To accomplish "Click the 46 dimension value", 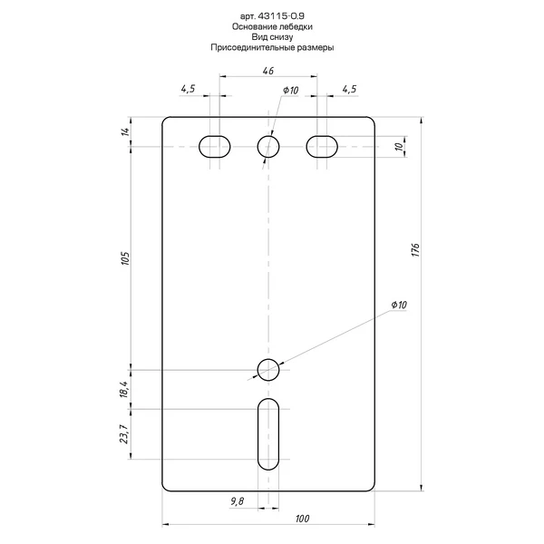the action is tap(268, 71).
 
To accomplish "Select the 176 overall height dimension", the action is tap(415, 250).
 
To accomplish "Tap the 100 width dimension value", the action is tap(302, 519).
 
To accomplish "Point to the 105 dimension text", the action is tap(125, 258).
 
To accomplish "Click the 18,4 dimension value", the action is tap(124, 389).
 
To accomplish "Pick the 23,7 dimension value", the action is tap(124, 434).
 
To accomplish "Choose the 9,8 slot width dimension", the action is tap(237, 501).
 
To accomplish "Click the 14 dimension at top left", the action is tap(125, 131).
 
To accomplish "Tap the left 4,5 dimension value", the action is tap(188, 89).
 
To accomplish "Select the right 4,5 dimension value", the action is tap(349, 89).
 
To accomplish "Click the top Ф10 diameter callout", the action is tap(290, 90).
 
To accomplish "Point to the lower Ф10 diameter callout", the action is tap(399, 305).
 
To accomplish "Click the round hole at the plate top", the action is tap(268, 146).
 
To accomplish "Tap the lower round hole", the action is tap(268, 370).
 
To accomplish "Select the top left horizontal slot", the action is tap(214, 146).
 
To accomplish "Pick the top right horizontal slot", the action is tap(322, 146).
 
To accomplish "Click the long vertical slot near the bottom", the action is tap(268, 434).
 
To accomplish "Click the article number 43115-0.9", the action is tap(281, 16).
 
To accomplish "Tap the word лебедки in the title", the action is tap(296, 26).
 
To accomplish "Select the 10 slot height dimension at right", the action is tap(400, 146).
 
